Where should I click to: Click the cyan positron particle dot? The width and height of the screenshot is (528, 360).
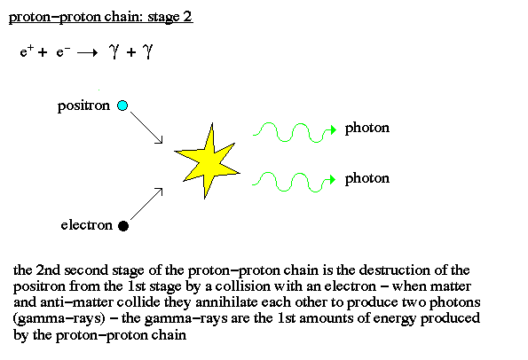(x=122, y=106)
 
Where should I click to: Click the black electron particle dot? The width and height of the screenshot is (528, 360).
(x=123, y=226)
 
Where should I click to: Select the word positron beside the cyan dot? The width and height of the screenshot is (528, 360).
(x=83, y=106)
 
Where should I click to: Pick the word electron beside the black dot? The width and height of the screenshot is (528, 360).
(x=87, y=225)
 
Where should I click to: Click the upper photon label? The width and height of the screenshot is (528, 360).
(x=367, y=129)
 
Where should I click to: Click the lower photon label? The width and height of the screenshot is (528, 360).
(x=367, y=178)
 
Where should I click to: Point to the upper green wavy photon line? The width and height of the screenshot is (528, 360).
(x=295, y=132)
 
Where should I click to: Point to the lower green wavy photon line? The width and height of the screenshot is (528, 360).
(x=294, y=182)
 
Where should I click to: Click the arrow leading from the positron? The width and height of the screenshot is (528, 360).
(x=146, y=128)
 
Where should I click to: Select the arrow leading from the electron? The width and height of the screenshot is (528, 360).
(x=146, y=204)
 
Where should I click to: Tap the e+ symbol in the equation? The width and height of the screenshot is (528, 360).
(x=27, y=51)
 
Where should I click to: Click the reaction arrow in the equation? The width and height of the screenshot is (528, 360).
(x=87, y=53)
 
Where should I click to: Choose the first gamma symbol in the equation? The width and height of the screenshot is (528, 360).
(x=114, y=51)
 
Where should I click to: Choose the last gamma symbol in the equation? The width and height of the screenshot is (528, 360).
(x=147, y=51)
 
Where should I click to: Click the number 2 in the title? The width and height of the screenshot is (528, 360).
(x=187, y=16)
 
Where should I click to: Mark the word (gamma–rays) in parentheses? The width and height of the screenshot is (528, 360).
(x=59, y=318)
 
